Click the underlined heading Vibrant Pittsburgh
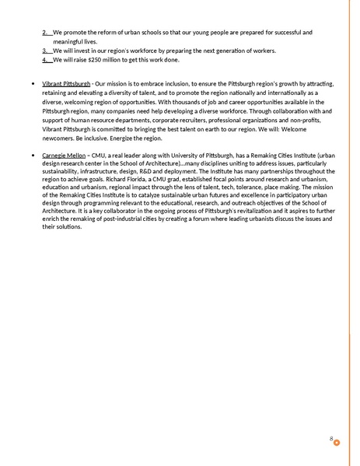point(66,83)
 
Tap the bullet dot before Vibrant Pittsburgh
point(29,83)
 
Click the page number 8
point(331,440)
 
